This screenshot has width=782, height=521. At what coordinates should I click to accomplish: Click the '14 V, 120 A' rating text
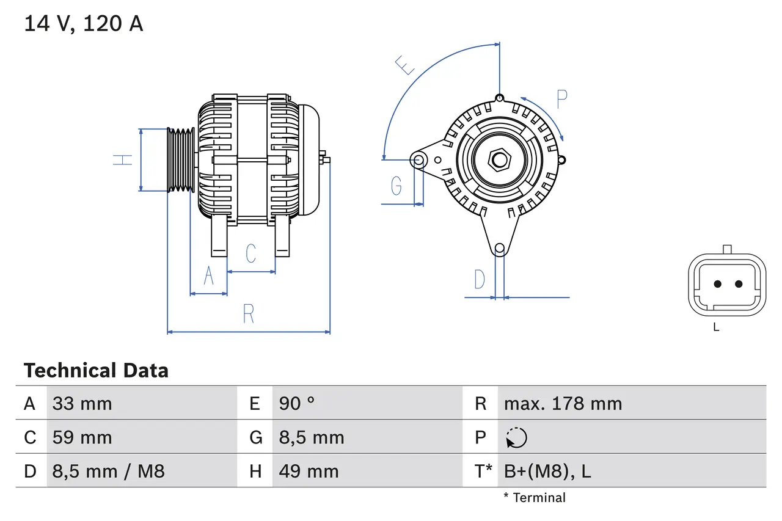pyautogui.click(x=83, y=24)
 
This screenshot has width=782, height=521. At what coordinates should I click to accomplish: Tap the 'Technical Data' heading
pyautogui.click(x=96, y=371)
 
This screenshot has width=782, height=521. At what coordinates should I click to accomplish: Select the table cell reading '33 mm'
pyautogui.click(x=82, y=404)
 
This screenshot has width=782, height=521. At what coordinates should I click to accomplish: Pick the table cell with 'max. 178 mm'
pyautogui.click(x=563, y=404)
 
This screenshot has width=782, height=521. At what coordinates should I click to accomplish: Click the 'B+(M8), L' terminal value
pyautogui.click(x=547, y=471)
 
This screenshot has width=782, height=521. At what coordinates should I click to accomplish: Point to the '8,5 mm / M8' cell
pyautogui.click(x=108, y=471)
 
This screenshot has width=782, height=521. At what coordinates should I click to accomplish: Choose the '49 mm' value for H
pyautogui.click(x=309, y=471)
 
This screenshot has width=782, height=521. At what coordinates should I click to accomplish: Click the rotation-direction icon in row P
pyautogui.click(x=516, y=437)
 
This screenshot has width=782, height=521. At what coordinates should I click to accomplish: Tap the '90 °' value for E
pyautogui.click(x=297, y=404)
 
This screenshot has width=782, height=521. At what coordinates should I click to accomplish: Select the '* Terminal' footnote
pyautogui.click(x=535, y=497)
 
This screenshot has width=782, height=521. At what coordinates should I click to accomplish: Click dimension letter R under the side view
pyautogui.click(x=248, y=313)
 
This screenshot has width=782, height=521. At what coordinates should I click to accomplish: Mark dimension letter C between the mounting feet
pyautogui.click(x=250, y=253)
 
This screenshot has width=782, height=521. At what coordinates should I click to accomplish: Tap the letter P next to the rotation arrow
pyautogui.click(x=561, y=99)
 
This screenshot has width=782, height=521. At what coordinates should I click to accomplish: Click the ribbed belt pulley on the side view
pyautogui.click(x=181, y=160)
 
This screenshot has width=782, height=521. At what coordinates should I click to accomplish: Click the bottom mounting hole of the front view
pyautogui.click(x=500, y=248)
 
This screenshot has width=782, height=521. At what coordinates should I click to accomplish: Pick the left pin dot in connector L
pyautogui.click(x=718, y=284)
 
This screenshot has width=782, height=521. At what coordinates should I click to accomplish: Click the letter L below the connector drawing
pyautogui.click(x=716, y=327)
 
